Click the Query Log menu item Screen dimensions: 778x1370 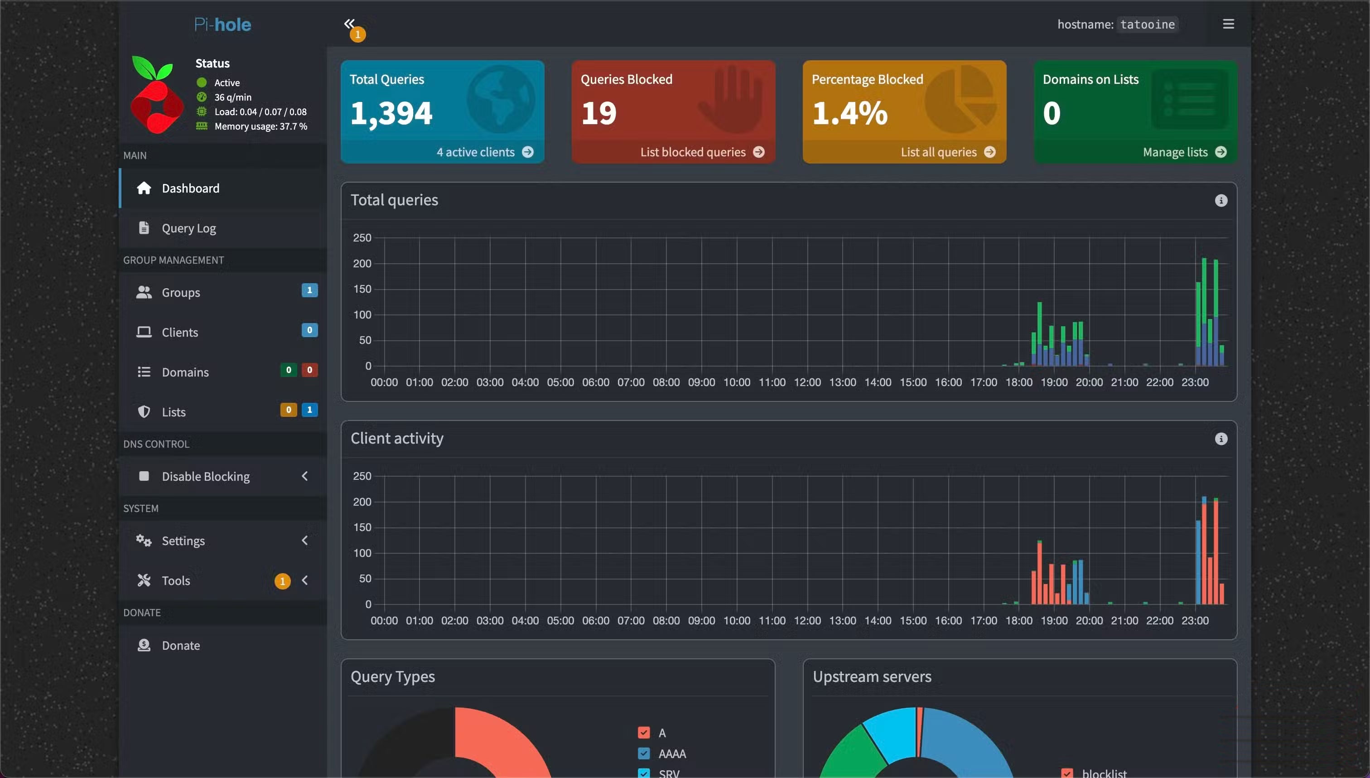coord(188,228)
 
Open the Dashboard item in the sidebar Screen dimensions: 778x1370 coord(190,188)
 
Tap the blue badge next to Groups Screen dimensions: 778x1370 coord(309,290)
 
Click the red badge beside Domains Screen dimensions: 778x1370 coord(309,370)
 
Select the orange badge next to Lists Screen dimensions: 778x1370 coord(289,410)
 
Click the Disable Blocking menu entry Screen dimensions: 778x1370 coord(206,476)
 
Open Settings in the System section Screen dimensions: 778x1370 coord(183,541)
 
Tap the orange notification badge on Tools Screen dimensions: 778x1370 coord(282,581)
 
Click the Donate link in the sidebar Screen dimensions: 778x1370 coord(180,646)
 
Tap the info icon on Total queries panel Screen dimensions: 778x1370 coord(1221,200)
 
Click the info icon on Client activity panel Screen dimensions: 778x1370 coord(1221,439)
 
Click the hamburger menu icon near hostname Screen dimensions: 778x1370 coord(1228,24)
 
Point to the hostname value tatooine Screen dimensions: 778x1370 coord(1147,24)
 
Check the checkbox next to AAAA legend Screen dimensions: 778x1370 coord(644,754)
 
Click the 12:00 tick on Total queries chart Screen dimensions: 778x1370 coord(807,382)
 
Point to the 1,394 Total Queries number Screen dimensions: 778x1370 coord(391,113)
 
